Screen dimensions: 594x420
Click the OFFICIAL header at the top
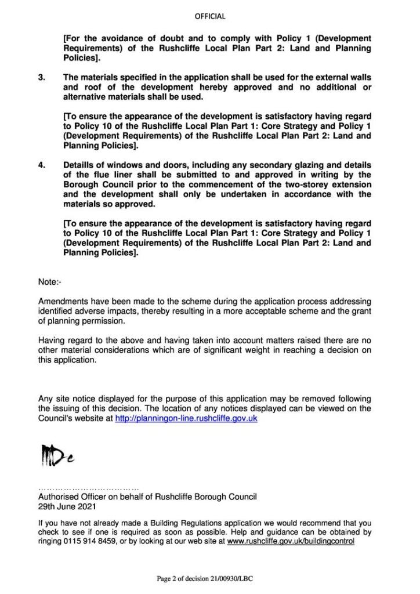(210, 16)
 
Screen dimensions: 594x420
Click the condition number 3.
(41, 77)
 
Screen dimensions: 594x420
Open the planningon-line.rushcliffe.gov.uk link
(186, 418)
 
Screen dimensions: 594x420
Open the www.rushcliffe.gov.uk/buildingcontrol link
(291, 541)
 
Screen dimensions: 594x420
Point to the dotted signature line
(88, 487)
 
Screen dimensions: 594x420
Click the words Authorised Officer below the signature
(70, 497)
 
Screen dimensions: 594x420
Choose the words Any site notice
(64, 399)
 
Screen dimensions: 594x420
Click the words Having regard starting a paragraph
(63, 341)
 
